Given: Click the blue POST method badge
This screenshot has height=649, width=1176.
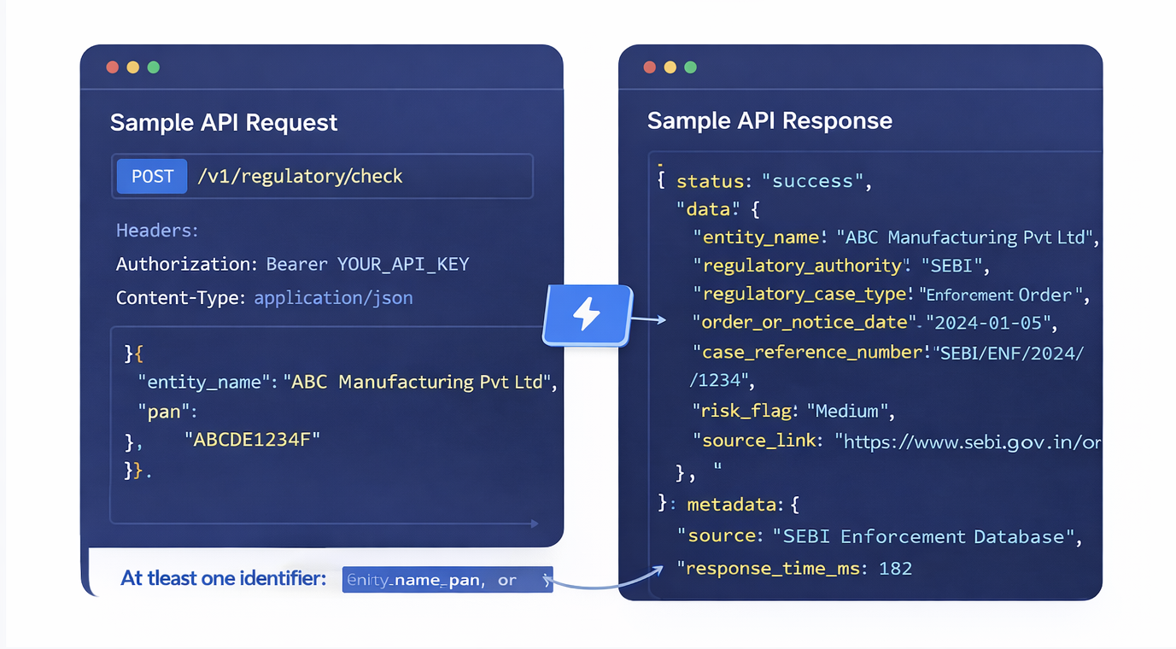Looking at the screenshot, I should (152, 177).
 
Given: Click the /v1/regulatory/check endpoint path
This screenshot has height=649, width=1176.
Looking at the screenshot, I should (300, 177).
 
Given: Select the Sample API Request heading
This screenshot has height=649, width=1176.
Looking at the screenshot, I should (224, 123).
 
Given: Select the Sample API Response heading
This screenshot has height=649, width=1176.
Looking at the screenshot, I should (769, 120).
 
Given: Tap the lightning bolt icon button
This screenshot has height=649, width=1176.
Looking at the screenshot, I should (587, 314).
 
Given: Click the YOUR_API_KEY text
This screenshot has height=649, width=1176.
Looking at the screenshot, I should (403, 264).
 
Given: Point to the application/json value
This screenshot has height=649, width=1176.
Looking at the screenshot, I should (333, 298).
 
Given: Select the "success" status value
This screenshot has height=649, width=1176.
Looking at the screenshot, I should (813, 181).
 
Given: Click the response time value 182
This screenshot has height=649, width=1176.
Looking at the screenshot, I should (895, 568).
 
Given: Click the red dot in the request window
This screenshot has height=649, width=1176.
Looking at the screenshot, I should (112, 67).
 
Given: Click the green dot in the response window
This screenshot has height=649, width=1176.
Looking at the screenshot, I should (691, 67).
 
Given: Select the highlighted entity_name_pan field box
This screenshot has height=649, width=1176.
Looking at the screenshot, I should (447, 580).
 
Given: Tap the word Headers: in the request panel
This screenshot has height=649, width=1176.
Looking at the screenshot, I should (157, 231).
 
